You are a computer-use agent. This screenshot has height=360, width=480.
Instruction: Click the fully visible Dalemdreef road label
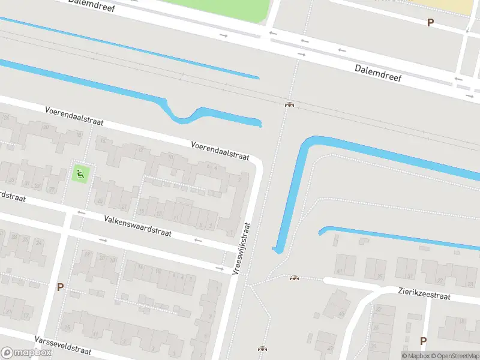click(x=378, y=73)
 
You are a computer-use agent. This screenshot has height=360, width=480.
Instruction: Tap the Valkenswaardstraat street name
click(x=137, y=227)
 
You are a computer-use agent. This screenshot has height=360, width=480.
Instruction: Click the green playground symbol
click(x=80, y=175)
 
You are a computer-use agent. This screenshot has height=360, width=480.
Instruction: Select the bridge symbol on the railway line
click(x=290, y=105)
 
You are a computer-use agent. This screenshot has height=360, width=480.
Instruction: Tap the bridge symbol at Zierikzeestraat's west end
click(x=294, y=278)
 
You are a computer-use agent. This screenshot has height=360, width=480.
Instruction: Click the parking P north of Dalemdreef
click(x=430, y=23)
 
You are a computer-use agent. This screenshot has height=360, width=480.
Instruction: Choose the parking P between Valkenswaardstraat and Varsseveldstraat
click(x=60, y=287)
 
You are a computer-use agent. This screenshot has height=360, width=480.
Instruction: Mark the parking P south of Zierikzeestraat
click(x=423, y=341)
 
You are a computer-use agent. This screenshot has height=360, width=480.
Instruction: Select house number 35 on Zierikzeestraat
click(x=380, y=277)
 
